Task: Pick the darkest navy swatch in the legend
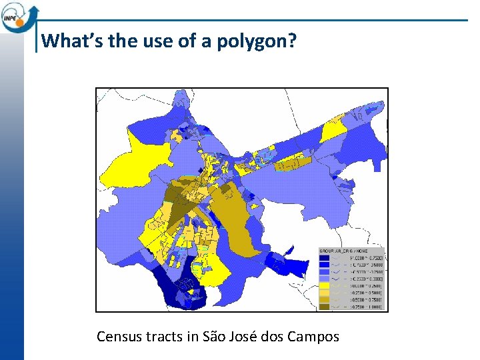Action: (x=324, y=257)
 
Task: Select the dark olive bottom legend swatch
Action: (x=324, y=307)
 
